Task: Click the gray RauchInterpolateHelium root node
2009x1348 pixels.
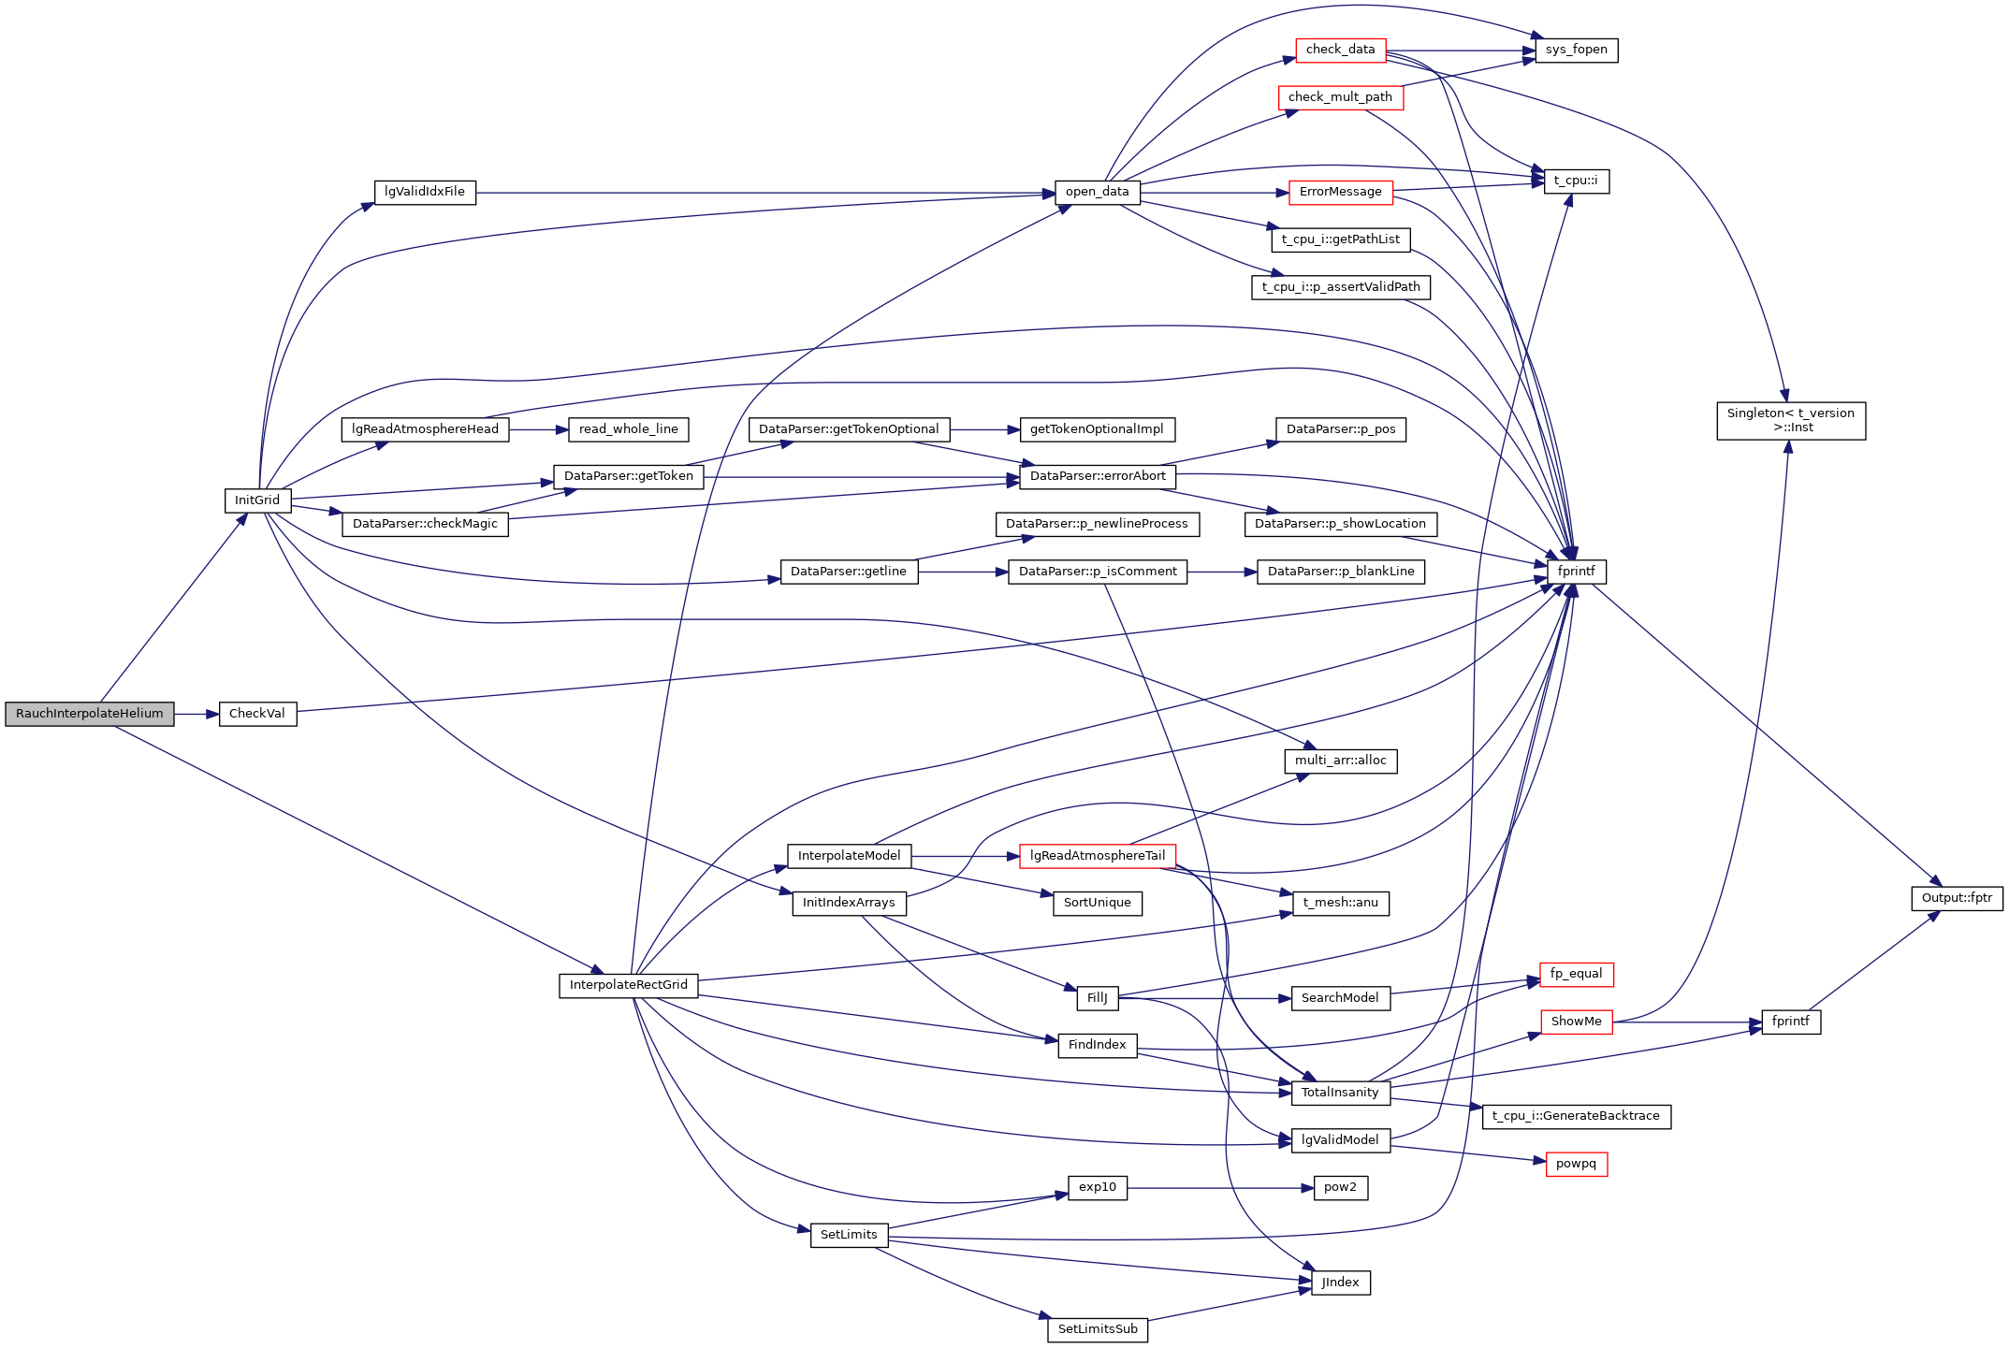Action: click(x=90, y=714)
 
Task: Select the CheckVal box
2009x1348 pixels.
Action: click(x=257, y=714)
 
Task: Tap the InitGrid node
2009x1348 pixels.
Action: click(x=257, y=500)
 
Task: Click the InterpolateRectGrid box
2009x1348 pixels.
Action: click(x=628, y=985)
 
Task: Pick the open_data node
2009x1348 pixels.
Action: click(x=1097, y=192)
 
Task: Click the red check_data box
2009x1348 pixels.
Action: click(x=1340, y=50)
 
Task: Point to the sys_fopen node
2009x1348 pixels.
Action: click(x=1576, y=50)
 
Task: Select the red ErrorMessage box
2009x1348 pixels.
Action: click(x=1340, y=192)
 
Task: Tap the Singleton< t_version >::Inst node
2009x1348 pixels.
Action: click(x=1790, y=420)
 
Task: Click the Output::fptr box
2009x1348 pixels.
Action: click(x=1957, y=898)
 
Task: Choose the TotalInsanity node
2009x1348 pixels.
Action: click(x=1340, y=1093)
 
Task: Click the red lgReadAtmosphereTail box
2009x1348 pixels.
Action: click(x=1097, y=856)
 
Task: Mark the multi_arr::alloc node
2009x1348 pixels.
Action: click(x=1340, y=761)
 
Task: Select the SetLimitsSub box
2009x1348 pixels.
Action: click(x=1097, y=1329)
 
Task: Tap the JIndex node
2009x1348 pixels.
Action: click(x=1340, y=1283)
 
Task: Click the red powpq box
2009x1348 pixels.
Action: click(x=1576, y=1164)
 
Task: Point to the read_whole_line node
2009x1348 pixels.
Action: click(x=628, y=429)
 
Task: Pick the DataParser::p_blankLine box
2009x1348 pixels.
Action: click(x=1340, y=572)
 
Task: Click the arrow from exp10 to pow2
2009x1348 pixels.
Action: click(x=1216, y=1188)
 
